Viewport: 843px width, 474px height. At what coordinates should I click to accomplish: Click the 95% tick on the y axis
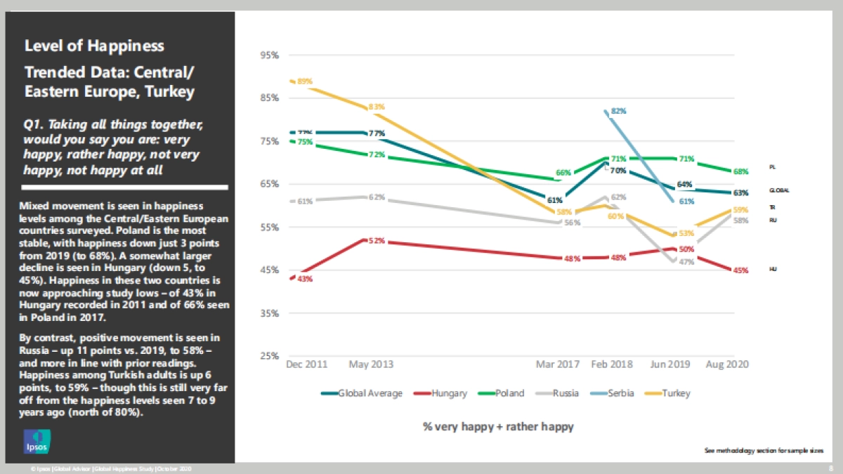click(270, 55)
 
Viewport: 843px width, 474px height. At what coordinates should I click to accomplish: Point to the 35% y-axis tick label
click(270, 313)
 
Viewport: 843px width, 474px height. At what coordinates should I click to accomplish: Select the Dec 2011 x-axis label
click(306, 364)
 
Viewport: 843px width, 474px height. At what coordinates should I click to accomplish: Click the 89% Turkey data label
click(305, 81)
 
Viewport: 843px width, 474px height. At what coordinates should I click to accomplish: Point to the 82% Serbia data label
click(618, 111)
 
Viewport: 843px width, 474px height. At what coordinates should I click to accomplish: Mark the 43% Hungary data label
click(305, 279)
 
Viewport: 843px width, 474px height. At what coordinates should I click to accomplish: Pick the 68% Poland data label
click(740, 171)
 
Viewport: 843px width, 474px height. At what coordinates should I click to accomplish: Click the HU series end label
click(773, 269)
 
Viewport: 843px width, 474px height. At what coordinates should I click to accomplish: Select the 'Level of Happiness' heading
click(94, 46)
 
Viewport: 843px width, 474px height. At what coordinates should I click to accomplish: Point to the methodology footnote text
click(764, 450)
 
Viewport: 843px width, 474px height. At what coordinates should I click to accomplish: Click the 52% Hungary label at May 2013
click(377, 241)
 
